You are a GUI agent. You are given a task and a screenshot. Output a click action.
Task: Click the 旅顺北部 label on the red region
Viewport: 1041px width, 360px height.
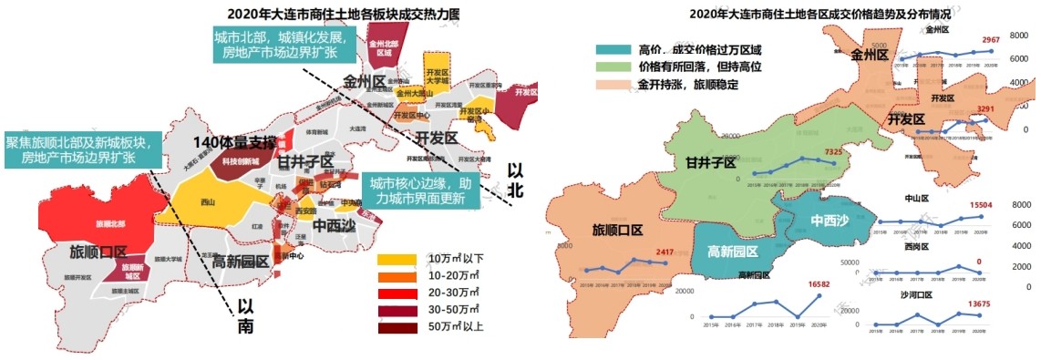(111, 222)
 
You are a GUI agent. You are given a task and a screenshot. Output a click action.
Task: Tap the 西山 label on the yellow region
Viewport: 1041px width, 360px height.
(209, 202)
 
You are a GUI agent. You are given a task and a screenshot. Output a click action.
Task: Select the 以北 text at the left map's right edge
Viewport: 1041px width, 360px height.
(516, 179)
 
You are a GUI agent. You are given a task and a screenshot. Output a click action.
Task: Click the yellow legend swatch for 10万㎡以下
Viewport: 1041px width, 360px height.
(397, 260)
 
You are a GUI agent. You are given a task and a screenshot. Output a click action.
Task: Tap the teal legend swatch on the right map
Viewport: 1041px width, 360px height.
(612, 49)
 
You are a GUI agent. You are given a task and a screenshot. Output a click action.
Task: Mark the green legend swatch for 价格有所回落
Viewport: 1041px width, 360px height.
(612, 67)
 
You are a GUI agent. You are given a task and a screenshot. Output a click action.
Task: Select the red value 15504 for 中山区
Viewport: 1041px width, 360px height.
(983, 206)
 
